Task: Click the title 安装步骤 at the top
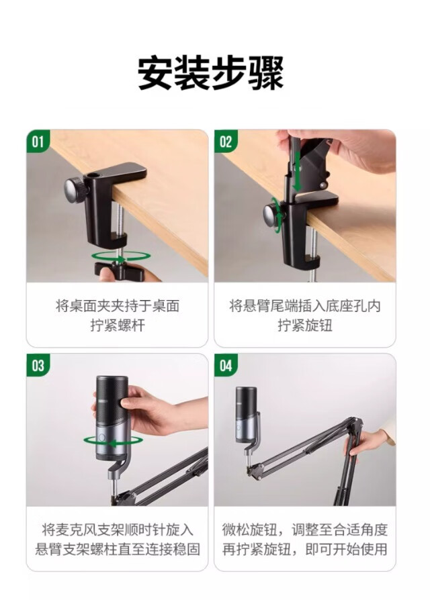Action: (210, 72)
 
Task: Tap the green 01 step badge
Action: (38, 141)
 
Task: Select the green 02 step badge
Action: (226, 141)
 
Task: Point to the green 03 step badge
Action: (38, 365)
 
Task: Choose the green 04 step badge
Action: (226, 365)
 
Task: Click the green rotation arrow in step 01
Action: (120, 256)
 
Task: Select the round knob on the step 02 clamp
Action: (273, 216)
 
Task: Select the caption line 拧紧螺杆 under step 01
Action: (118, 326)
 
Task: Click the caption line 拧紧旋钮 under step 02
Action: (305, 326)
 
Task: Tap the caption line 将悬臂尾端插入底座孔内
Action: (305, 306)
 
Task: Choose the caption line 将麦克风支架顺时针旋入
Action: (118, 530)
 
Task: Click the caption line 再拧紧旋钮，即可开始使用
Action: (305, 550)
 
